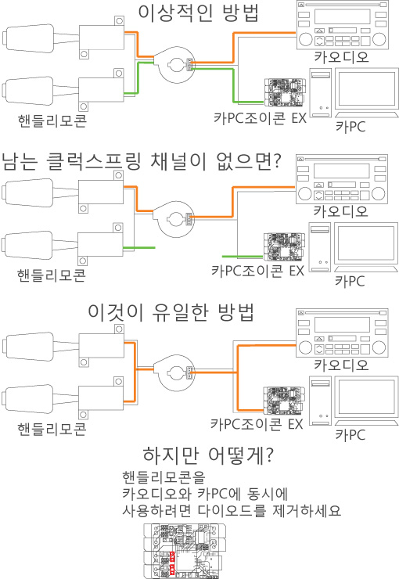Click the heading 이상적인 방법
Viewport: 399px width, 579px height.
click(x=198, y=13)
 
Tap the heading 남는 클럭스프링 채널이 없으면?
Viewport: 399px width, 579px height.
click(x=142, y=161)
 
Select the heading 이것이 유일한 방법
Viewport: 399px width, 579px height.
click(x=171, y=312)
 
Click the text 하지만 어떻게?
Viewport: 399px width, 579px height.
click(x=208, y=455)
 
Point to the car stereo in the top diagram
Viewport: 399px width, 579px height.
click(x=342, y=25)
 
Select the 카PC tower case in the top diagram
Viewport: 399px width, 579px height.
click(x=321, y=92)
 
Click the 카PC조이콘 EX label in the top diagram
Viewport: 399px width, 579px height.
click(x=260, y=118)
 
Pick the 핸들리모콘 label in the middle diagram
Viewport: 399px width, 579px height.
click(x=52, y=275)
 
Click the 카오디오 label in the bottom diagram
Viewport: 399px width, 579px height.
click(x=341, y=365)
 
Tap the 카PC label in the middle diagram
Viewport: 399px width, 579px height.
click(x=350, y=282)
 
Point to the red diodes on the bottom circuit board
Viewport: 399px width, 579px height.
click(x=172, y=562)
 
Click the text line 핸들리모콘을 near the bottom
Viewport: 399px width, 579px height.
click(x=164, y=478)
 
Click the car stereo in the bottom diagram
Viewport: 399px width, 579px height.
click(x=342, y=333)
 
